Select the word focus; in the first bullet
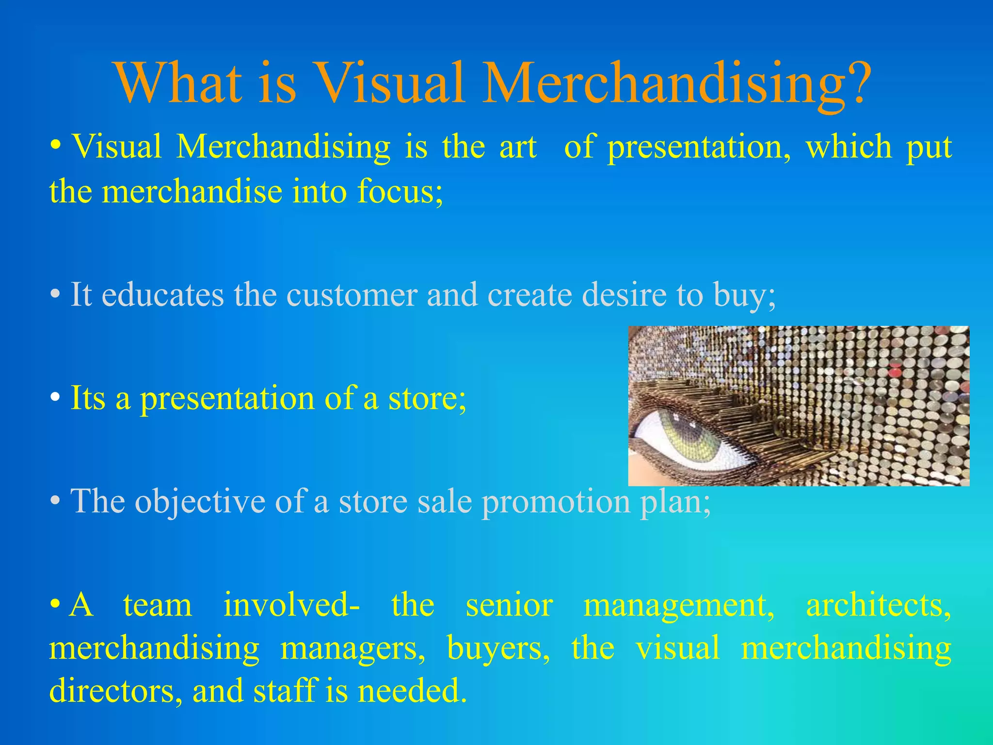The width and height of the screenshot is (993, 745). [x=400, y=192]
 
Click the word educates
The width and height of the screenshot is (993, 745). [x=163, y=294]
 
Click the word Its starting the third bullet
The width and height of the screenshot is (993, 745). [x=88, y=398]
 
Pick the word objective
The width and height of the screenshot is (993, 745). [x=200, y=502]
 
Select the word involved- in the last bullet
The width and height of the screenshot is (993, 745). [x=291, y=605]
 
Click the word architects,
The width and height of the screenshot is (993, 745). [x=878, y=605]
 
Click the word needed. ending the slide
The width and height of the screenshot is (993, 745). [x=412, y=691]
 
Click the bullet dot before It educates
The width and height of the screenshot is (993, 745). [x=56, y=294]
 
